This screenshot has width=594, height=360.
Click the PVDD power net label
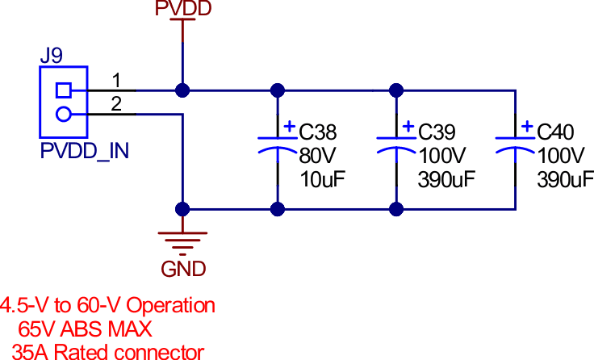click(183, 8)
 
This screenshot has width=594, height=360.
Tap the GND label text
click(184, 269)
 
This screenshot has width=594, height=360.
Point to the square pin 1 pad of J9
click(63, 90)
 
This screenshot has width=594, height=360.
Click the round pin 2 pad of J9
click(63, 114)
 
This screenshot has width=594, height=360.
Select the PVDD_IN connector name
click(85, 151)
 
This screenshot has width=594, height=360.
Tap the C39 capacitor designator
click(437, 132)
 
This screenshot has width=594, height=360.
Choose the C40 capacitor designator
click(556, 132)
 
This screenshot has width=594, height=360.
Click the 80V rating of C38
click(316, 155)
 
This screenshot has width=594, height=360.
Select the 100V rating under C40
click(560, 155)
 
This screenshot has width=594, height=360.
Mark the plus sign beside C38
click(289, 127)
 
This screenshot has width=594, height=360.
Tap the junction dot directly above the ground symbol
click(183, 209)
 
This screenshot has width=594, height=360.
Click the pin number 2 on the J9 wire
click(116, 104)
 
